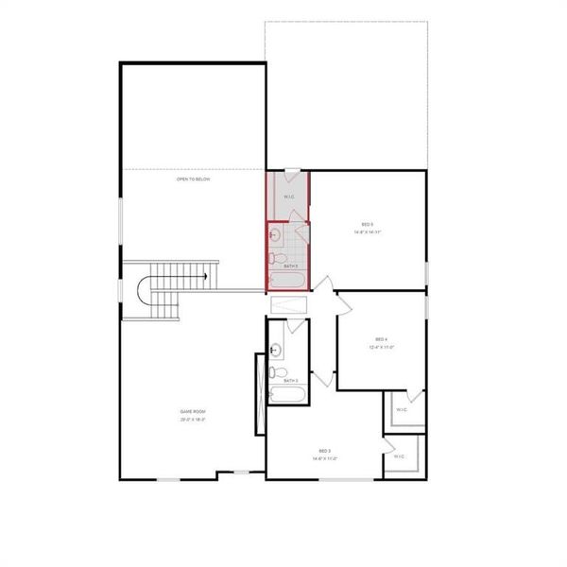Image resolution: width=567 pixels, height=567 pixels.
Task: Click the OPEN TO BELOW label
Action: click(193, 179)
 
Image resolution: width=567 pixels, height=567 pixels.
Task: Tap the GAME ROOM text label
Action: click(193, 412)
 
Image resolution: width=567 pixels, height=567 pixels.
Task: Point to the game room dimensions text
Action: click(193, 419)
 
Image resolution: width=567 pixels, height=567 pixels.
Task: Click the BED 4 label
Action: click(381, 339)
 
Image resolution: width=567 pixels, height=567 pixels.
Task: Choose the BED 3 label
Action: click(325, 452)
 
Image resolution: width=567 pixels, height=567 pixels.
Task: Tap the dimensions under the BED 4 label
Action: click(381, 347)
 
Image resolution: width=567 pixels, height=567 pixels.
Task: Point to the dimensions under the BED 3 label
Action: click(325, 459)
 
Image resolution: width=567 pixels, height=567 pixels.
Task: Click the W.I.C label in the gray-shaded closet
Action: click(289, 197)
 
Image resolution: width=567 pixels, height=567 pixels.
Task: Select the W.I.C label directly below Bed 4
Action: click(402, 409)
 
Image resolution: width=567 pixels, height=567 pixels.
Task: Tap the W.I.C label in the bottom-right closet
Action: click(399, 456)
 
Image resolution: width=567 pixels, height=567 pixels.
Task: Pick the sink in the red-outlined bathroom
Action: click(275, 234)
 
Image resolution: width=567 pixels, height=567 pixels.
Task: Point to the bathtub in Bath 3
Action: click(283, 396)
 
